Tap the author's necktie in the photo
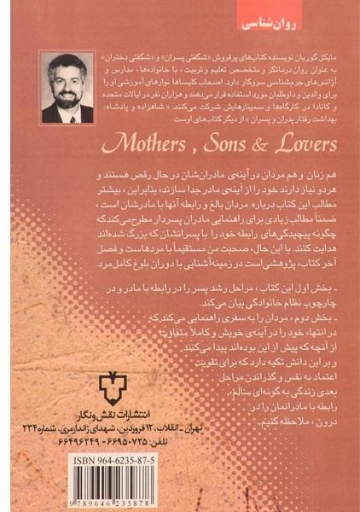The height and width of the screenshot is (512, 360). pos(69,113)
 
